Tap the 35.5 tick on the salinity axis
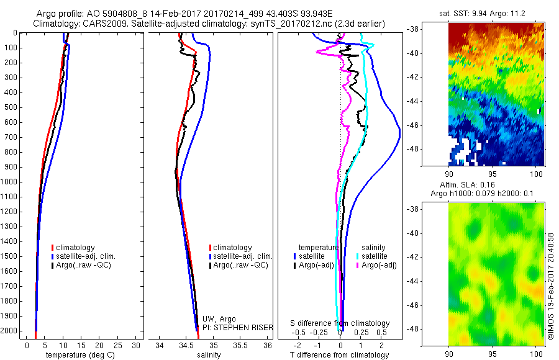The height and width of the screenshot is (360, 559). tap(240, 345)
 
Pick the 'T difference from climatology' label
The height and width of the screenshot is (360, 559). tap(340, 355)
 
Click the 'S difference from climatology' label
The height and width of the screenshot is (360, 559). tap(340, 323)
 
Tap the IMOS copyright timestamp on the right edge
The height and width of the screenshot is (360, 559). tap(550, 286)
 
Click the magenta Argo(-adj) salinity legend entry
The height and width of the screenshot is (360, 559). tap(379, 265)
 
